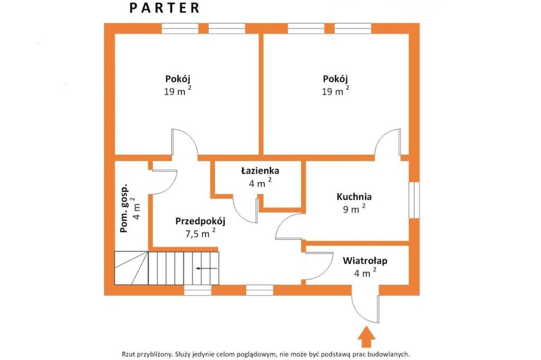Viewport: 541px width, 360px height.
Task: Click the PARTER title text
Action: [165, 8]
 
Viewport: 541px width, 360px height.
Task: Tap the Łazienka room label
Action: [260, 171]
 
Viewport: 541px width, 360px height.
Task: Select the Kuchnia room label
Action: [354, 197]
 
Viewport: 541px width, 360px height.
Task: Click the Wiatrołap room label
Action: [365, 260]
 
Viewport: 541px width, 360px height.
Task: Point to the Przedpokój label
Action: [200, 221]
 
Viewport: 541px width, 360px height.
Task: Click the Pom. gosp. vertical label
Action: [125, 210]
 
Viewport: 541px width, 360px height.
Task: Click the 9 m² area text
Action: [353, 209]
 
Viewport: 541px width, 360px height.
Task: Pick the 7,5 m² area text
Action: [200, 233]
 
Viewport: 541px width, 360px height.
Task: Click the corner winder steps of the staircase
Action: [130, 268]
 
